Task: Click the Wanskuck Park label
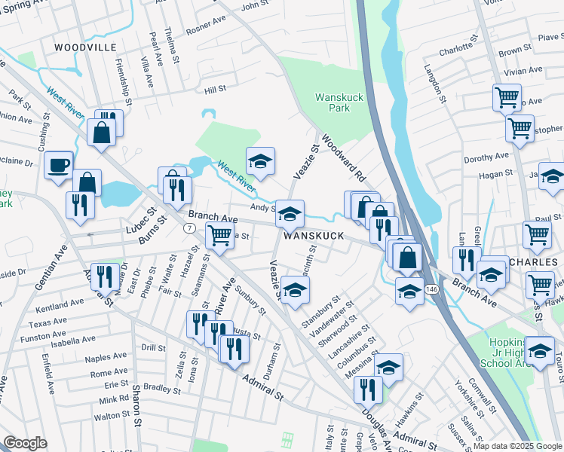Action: [x=333, y=102]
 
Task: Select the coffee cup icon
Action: [x=58, y=165]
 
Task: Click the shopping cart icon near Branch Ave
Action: [x=219, y=236]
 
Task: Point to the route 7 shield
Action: [x=189, y=228]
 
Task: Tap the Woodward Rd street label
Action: [x=343, y=157]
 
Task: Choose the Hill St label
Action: [x=216, y=90]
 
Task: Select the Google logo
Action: [x=26, y=443]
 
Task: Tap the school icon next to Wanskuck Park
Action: [x=260, y=161]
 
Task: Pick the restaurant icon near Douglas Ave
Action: [x=368, y=389]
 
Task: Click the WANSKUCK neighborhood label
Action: [x=314, y=236]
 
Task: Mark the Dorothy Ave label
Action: [x=487, y=157]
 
